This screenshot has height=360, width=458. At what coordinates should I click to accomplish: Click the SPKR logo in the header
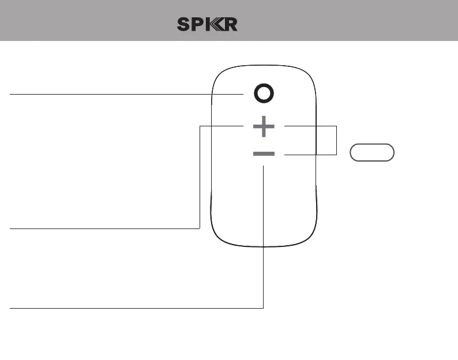pos(207,25)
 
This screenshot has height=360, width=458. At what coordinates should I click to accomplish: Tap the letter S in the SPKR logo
pos(184,25)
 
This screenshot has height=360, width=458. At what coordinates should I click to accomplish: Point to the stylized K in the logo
pos(214,25)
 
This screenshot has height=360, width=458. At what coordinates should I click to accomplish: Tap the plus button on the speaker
pos(264,126)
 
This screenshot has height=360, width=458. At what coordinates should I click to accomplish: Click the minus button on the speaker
pos(264,154)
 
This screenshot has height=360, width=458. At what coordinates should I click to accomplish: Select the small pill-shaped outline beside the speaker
pos(372,152)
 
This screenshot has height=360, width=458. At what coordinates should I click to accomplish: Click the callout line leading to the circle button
pos(127,93)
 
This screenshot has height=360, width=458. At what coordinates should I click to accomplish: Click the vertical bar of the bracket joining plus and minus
pos(336,140)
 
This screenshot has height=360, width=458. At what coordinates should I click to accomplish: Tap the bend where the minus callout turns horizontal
pos(264,308)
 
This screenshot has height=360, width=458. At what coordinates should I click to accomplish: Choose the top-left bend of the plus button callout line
pos(199,126)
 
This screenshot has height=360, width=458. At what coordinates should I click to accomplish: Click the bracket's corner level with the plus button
pos(336,126)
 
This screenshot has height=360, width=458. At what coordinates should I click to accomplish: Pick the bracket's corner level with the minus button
pos(336,154)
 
